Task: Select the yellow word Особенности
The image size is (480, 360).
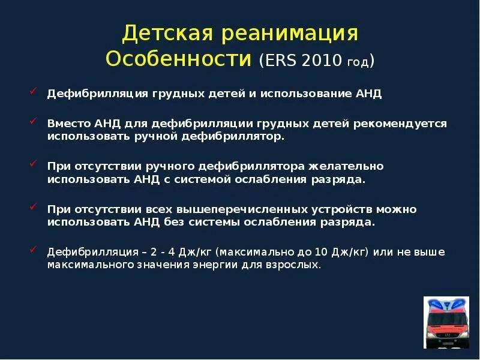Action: pyautogui.click(x=178, y=59)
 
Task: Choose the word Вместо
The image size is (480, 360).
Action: pyautogui.click(x=68, y=123)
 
